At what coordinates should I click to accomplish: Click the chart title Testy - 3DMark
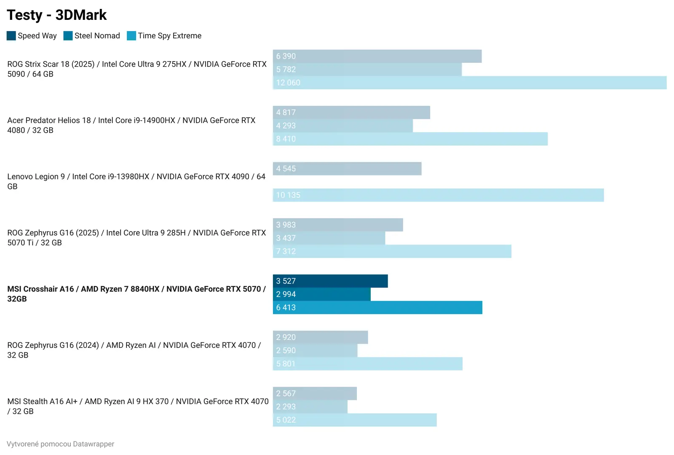[x=57, y=15]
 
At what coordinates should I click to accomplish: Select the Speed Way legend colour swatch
[x=11, y=36]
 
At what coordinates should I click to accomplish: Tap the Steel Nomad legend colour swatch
[x=68, y=36]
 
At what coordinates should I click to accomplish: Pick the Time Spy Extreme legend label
[x=169, y=36]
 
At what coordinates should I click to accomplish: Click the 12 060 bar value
[x=288, y=83]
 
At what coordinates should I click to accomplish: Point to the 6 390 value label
[x=286, y=56]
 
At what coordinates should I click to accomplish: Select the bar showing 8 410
[x=410, y=139]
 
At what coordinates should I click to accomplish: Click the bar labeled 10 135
[x=438, y=195]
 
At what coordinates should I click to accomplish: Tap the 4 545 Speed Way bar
[x=347, y=169]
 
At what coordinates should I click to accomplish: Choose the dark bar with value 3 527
[x=330, y=281]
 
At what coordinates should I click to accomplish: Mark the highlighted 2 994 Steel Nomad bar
[x=321, y=294]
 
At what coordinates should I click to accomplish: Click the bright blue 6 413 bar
[x=377, y=307]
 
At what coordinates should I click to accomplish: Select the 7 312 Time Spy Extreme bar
[x=392, y=251]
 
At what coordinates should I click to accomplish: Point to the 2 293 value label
[x=286, y=407]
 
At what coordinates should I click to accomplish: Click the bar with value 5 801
[x=367, y=363]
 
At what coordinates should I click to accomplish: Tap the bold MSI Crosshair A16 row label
[x=136, y=293]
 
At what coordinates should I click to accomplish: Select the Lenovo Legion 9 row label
[x=136, y=181]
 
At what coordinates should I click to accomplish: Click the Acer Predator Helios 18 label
[x=131, y=125]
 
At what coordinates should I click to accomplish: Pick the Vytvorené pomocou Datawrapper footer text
[x=61, y=444]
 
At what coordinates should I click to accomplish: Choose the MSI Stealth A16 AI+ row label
[x=138, y=406]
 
